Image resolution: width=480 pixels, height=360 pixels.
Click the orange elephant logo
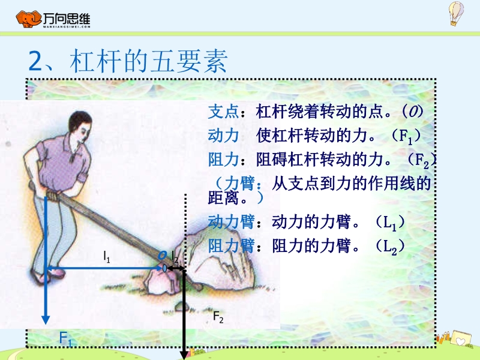tap(28, 19)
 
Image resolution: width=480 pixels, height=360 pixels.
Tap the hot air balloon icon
tap(456, 13)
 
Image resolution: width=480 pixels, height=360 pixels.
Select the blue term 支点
tap(223, 112)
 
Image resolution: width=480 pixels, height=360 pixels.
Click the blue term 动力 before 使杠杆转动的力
tap(223, 136)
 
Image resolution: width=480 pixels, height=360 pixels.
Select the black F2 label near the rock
tap(218, 317)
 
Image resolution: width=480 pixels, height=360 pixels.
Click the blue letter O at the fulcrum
tap(162, 256)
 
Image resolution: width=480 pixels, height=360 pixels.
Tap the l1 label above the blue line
tap(107, 257)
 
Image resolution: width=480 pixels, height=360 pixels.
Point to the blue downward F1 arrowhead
tap(46, 320)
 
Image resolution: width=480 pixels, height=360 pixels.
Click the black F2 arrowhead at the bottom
tap(184, 355)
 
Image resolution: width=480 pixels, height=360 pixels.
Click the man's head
tap(80, 125)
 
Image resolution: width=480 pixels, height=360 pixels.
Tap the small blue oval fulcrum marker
tap(164, 268)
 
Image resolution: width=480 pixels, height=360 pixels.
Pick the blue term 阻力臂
tap(231, 246)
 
